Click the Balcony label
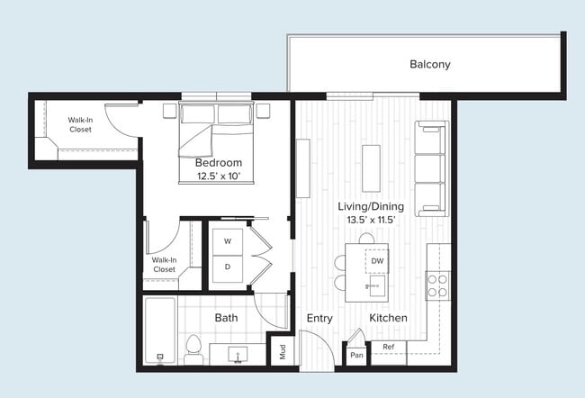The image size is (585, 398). pos(429,65)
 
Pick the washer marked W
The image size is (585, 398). pos(227,241)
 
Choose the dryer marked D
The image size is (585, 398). pos(227,267)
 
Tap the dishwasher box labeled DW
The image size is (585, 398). pos(378,261)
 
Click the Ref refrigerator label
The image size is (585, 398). pos(388,347)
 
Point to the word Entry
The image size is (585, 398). pos(319,319)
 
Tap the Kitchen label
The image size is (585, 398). pos(388,319)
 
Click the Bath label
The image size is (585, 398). pos(226,318)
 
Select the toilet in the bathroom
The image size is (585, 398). pos(193,349)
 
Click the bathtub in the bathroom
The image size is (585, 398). pos(160,330)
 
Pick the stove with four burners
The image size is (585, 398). pos(437,286)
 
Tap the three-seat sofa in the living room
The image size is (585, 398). pos(430,168)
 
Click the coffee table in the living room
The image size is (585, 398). pos(371,167)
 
